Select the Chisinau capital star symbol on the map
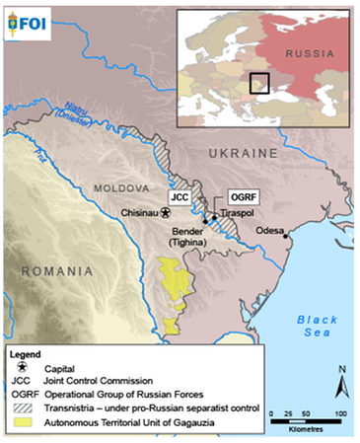167,211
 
